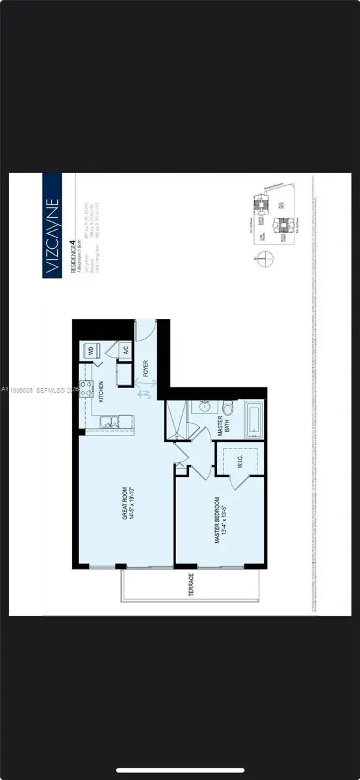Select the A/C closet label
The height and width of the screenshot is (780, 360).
122,350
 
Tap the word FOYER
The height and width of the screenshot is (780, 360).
146,369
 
